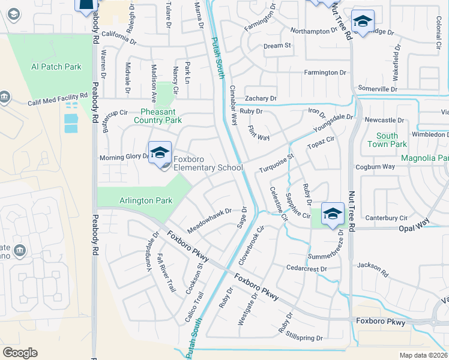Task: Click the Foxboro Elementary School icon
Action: pos(160,154)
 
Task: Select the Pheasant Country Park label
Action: pos(161,116)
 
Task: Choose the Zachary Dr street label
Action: pos(260,98)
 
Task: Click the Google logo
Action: pos(20,353)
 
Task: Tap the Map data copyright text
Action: pos(424,355)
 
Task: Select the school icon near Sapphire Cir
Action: pos(332,214)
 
